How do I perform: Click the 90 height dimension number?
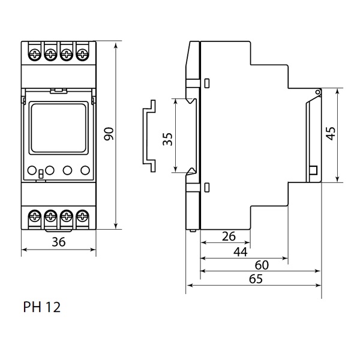[109, 134]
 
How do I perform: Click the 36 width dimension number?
[58, 242]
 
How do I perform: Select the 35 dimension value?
[167, 139]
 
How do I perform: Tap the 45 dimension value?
[331, 133]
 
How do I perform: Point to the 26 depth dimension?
[229, 236]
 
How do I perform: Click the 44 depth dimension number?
[240, 252]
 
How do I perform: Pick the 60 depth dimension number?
[262, 265]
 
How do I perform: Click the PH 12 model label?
[41, 307]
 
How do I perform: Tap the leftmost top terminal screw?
[35, 55]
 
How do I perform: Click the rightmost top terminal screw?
[80, 55]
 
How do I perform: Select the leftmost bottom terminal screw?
[35, 215]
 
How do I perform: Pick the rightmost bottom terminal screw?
[80, 215]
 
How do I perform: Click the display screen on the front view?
[58, 127]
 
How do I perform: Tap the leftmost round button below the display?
[34, 170]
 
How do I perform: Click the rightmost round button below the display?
[83, 170]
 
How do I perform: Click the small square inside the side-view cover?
[313, 172]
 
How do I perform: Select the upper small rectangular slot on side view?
[207, 82]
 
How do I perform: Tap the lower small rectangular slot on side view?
[207, 187]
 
